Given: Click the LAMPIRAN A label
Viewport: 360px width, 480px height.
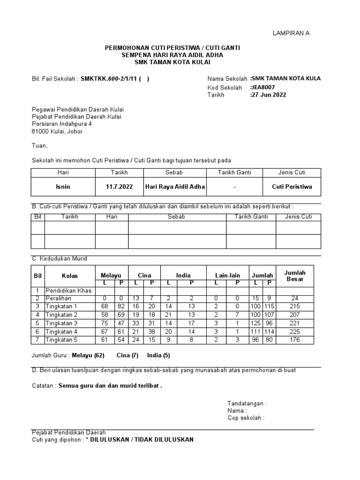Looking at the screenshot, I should [x=291, y=33].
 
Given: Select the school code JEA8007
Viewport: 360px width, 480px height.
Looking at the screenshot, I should [x=263, y=87].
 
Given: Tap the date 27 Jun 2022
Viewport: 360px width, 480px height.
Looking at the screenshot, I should [x=269, y=95].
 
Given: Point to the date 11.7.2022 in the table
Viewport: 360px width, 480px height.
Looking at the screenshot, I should [x=119, y=187].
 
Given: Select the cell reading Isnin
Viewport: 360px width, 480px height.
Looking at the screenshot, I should [x=63, y=187].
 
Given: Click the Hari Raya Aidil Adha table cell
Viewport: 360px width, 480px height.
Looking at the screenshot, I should [x=175, y=187].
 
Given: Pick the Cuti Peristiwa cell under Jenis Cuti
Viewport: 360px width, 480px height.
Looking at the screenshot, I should [x=292, y=187].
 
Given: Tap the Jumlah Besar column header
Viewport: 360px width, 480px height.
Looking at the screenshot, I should [x=295, y=276].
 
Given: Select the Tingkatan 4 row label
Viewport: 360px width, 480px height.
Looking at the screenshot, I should [x=61, y=332].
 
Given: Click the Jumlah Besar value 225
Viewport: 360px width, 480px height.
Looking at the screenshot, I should [x=294, y=332].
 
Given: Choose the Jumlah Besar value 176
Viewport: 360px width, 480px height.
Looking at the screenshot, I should [x=294, y=340].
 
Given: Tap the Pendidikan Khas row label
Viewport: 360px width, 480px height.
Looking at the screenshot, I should [x=68, y=291].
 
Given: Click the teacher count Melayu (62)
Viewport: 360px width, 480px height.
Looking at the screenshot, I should [x=89, y=355].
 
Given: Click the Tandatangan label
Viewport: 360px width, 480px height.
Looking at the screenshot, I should [x=247, y=403].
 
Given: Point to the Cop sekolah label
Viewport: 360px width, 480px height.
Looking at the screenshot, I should [x=246, y=418].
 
